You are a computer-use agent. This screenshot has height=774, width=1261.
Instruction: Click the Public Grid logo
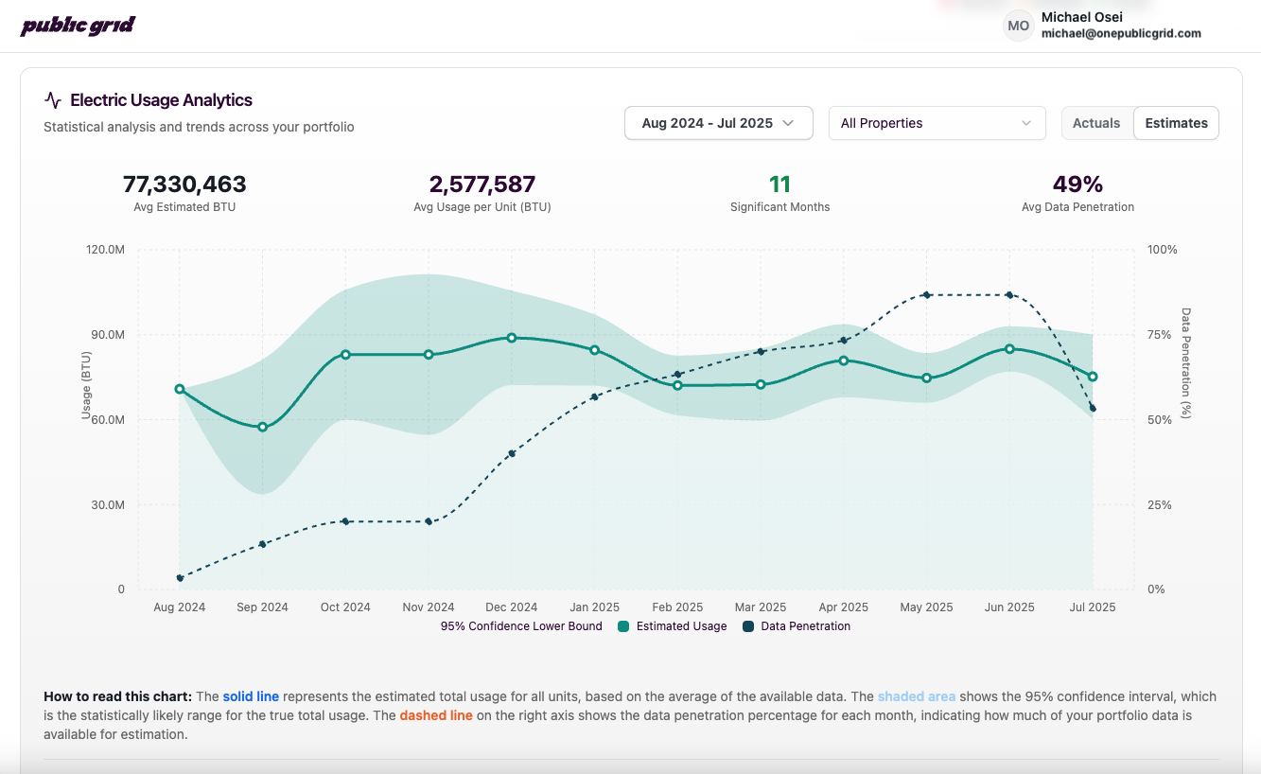[78, 26]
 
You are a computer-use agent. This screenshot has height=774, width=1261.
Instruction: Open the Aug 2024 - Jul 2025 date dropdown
[718, 123]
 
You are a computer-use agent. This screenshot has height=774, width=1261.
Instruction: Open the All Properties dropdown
[937, 123]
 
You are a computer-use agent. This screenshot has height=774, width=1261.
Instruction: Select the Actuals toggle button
[1096, 123]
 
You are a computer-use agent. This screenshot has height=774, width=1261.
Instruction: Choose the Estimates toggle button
[1176, 123]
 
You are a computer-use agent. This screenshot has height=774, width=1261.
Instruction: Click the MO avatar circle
[1018, 26]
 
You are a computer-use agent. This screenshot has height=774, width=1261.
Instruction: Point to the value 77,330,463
[184, 184]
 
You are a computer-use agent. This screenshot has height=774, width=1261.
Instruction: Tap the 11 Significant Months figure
[779, 184]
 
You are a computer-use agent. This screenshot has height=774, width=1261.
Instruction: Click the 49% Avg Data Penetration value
[1077, 184]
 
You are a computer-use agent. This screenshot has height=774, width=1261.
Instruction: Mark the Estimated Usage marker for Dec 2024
[512, 338]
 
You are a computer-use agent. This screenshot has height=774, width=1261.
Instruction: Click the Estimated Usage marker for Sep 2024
[263, 427]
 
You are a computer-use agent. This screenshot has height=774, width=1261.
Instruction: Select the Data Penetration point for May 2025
[926, 295]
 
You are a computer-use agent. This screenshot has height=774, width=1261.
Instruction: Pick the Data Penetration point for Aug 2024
[180, 577]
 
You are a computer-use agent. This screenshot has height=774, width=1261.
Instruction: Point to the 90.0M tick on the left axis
[107, 335]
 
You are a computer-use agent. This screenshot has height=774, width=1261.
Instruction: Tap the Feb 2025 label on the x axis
[677, 607]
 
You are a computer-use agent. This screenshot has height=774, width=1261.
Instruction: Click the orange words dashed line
[435, 715]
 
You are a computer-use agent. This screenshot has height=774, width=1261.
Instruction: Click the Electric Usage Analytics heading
[161, 100]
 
